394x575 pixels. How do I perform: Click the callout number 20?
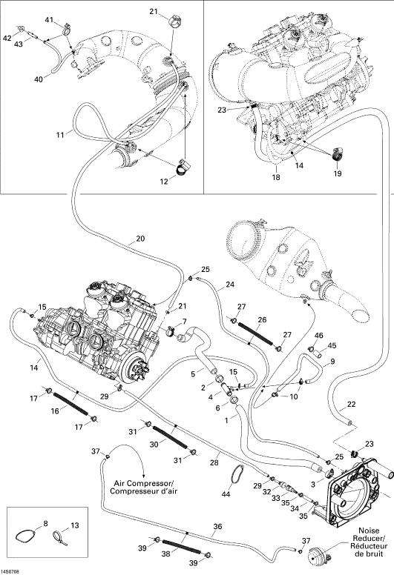pos(140,239)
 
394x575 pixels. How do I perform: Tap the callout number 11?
pos(60,135)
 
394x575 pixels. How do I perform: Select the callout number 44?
pos(226,494)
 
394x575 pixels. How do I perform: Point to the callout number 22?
pos(352,404)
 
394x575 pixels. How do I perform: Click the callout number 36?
pos(217,527)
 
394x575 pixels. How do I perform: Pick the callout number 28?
pos(214,463)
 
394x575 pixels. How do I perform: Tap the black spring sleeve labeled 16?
pos(71,403)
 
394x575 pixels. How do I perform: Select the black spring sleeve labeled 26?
pos(255,333)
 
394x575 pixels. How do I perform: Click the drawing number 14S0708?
pos(10,572)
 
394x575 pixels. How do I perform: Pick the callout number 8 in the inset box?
pos(45,524)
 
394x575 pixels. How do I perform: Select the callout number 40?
pos(38,79)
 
